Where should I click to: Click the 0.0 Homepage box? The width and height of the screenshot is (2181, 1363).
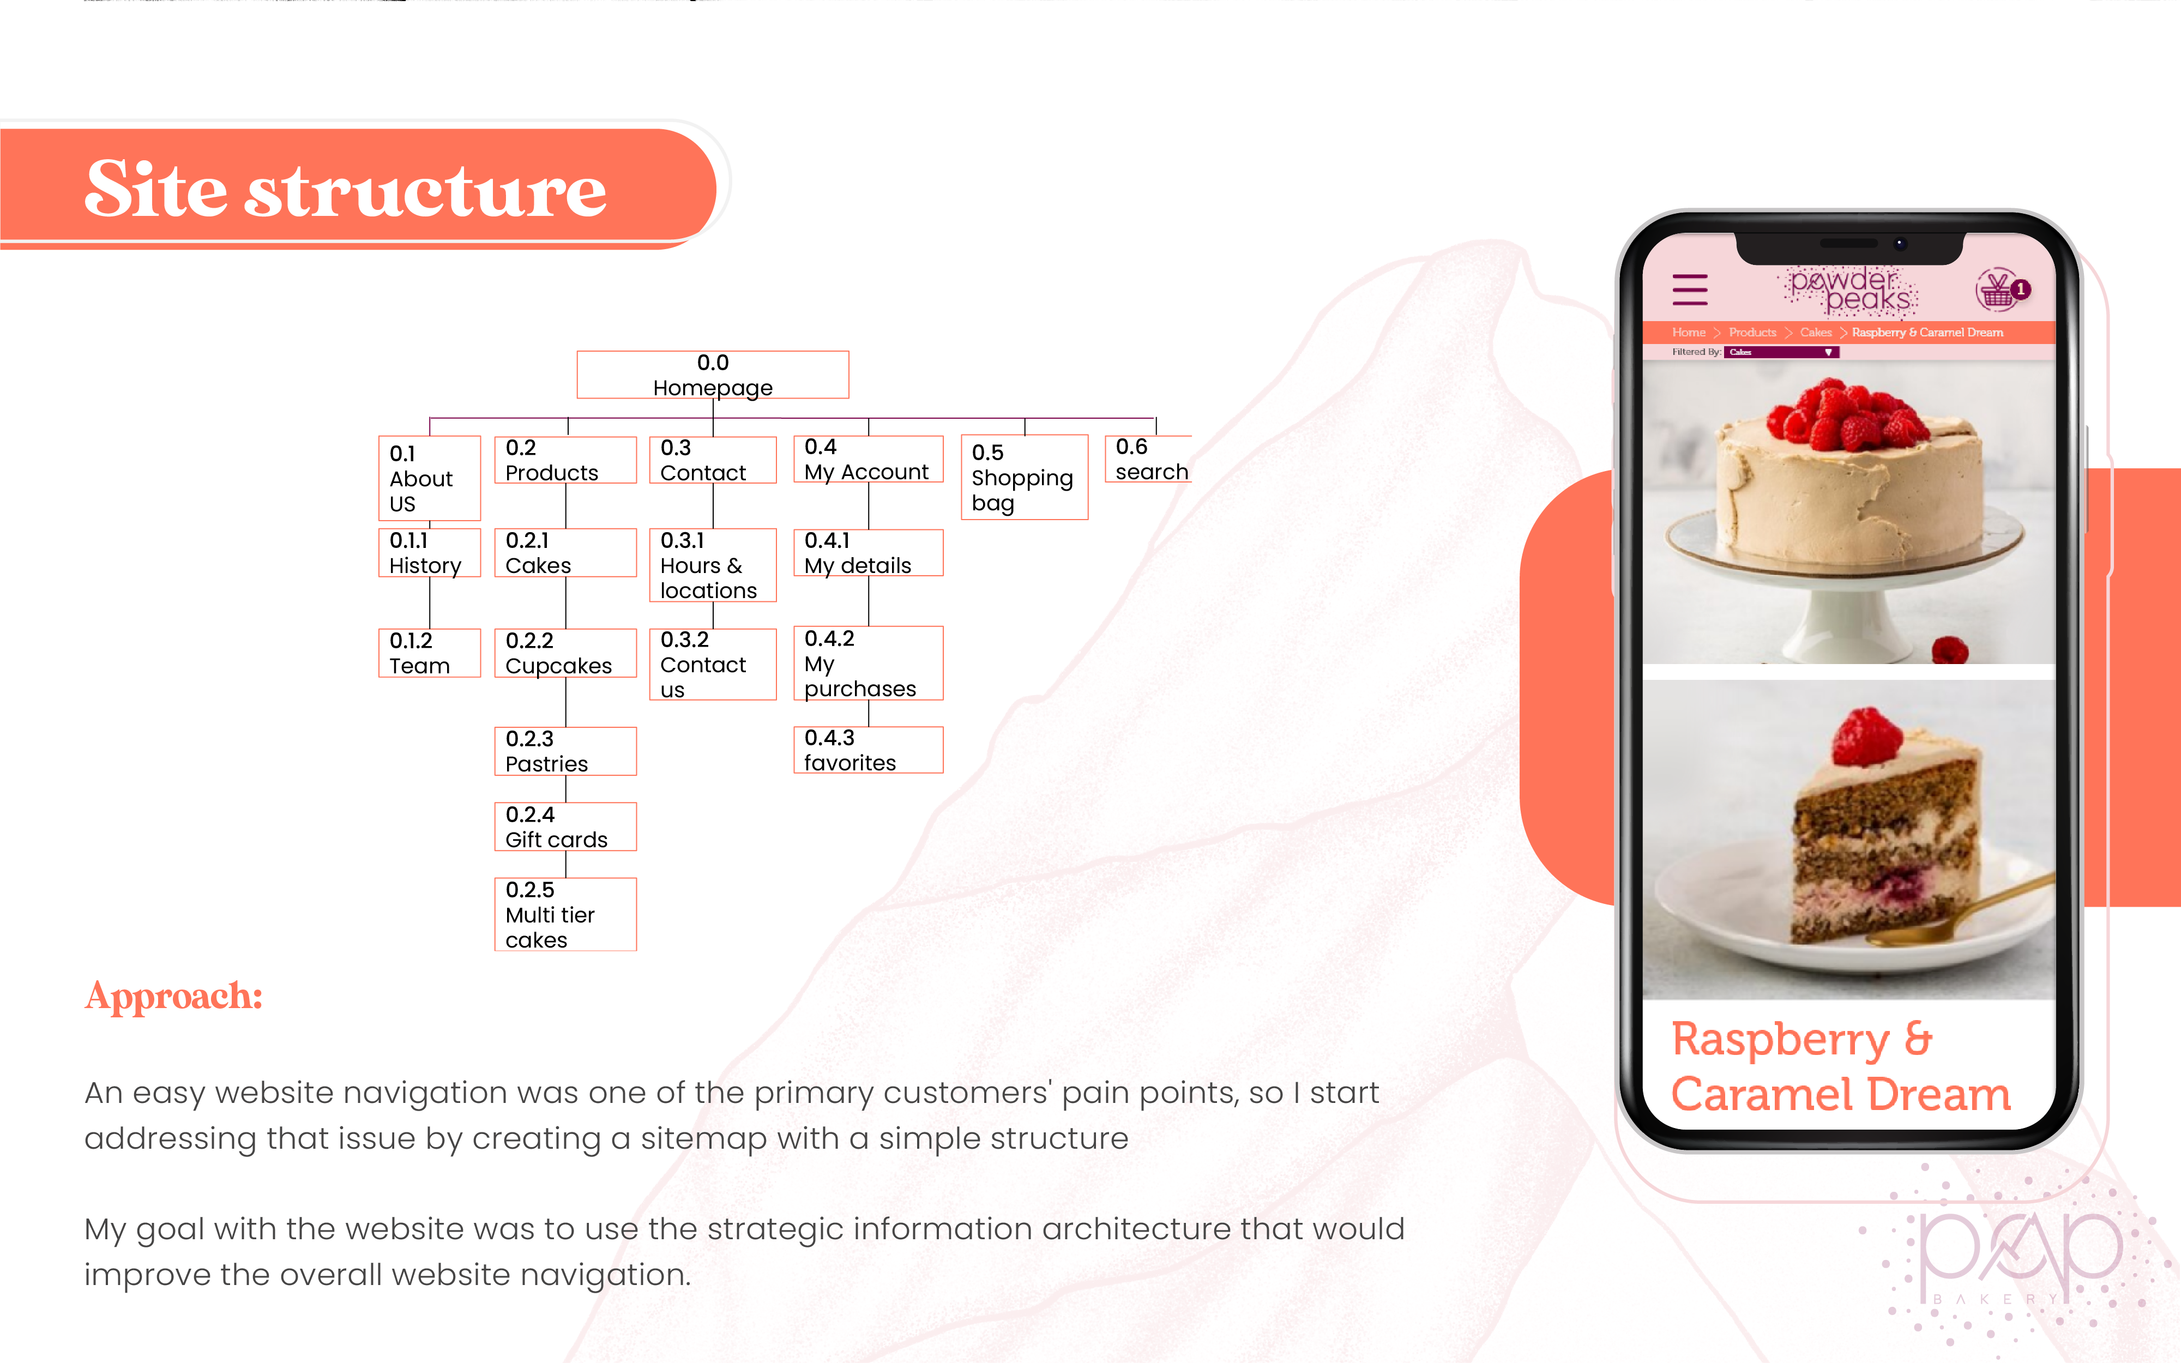712,374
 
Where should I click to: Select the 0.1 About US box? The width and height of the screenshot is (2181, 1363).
429,478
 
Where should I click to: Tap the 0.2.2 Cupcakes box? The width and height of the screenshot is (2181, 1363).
565,653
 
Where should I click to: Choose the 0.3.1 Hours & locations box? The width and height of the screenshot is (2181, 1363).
712,565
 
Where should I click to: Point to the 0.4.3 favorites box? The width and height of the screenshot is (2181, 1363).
868,750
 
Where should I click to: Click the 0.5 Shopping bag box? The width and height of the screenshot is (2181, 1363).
1024,477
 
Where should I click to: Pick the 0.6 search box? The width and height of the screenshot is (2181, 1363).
1149,459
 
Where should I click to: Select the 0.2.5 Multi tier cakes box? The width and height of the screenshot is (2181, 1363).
565,914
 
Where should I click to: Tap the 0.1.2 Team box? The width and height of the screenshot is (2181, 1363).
429,653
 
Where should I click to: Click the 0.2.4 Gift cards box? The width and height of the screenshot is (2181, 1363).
565,827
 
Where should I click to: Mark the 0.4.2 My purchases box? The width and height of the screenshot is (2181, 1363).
868,662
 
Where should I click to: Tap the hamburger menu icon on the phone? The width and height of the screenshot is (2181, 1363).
1690,290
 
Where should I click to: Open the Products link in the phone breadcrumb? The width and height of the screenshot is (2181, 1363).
1752,333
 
